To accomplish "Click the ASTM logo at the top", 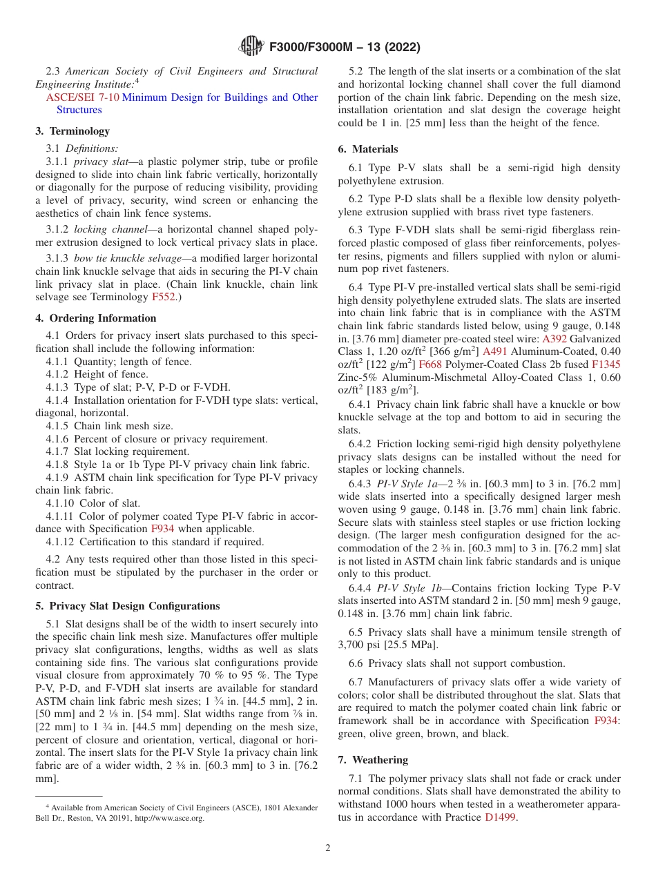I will [251, 47].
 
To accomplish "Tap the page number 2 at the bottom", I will [328, 848].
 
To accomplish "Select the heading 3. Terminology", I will [73, 131].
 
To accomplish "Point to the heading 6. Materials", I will [368, 149].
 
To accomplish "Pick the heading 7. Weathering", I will [373, 760].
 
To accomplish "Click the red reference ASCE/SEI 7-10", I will [82, 97].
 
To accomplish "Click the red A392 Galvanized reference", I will [554, 339].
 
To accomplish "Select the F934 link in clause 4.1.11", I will [162, 529].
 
